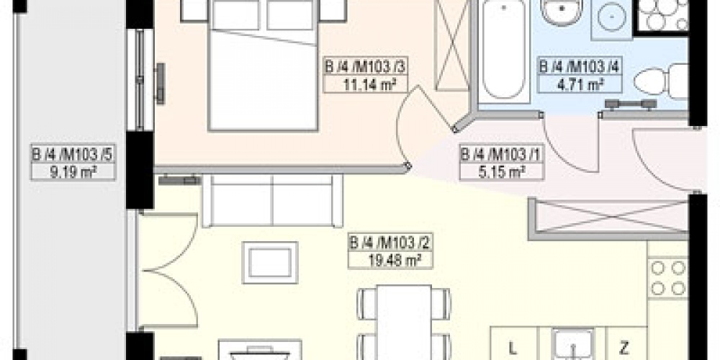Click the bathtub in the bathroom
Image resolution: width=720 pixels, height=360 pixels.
(x=504, y=50)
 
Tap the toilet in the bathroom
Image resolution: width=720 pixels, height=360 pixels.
(x=661, y=82)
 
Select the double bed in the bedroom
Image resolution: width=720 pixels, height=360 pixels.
(x=263, y=66)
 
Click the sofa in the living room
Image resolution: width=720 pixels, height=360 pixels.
(x=273, y=201)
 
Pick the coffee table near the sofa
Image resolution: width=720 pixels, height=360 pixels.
(x=270, y=263)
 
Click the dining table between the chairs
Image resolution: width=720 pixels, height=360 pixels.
(x=404, y=322)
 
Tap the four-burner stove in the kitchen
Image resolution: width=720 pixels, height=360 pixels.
(x=668, y=278)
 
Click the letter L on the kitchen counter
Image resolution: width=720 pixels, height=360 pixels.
(x=513, y=346)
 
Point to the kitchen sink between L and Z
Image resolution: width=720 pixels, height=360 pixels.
(x=572, y=344)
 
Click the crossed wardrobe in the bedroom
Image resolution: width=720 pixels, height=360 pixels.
(x=451, y=45)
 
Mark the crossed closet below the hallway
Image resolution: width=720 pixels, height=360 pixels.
(x=609, y=216)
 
